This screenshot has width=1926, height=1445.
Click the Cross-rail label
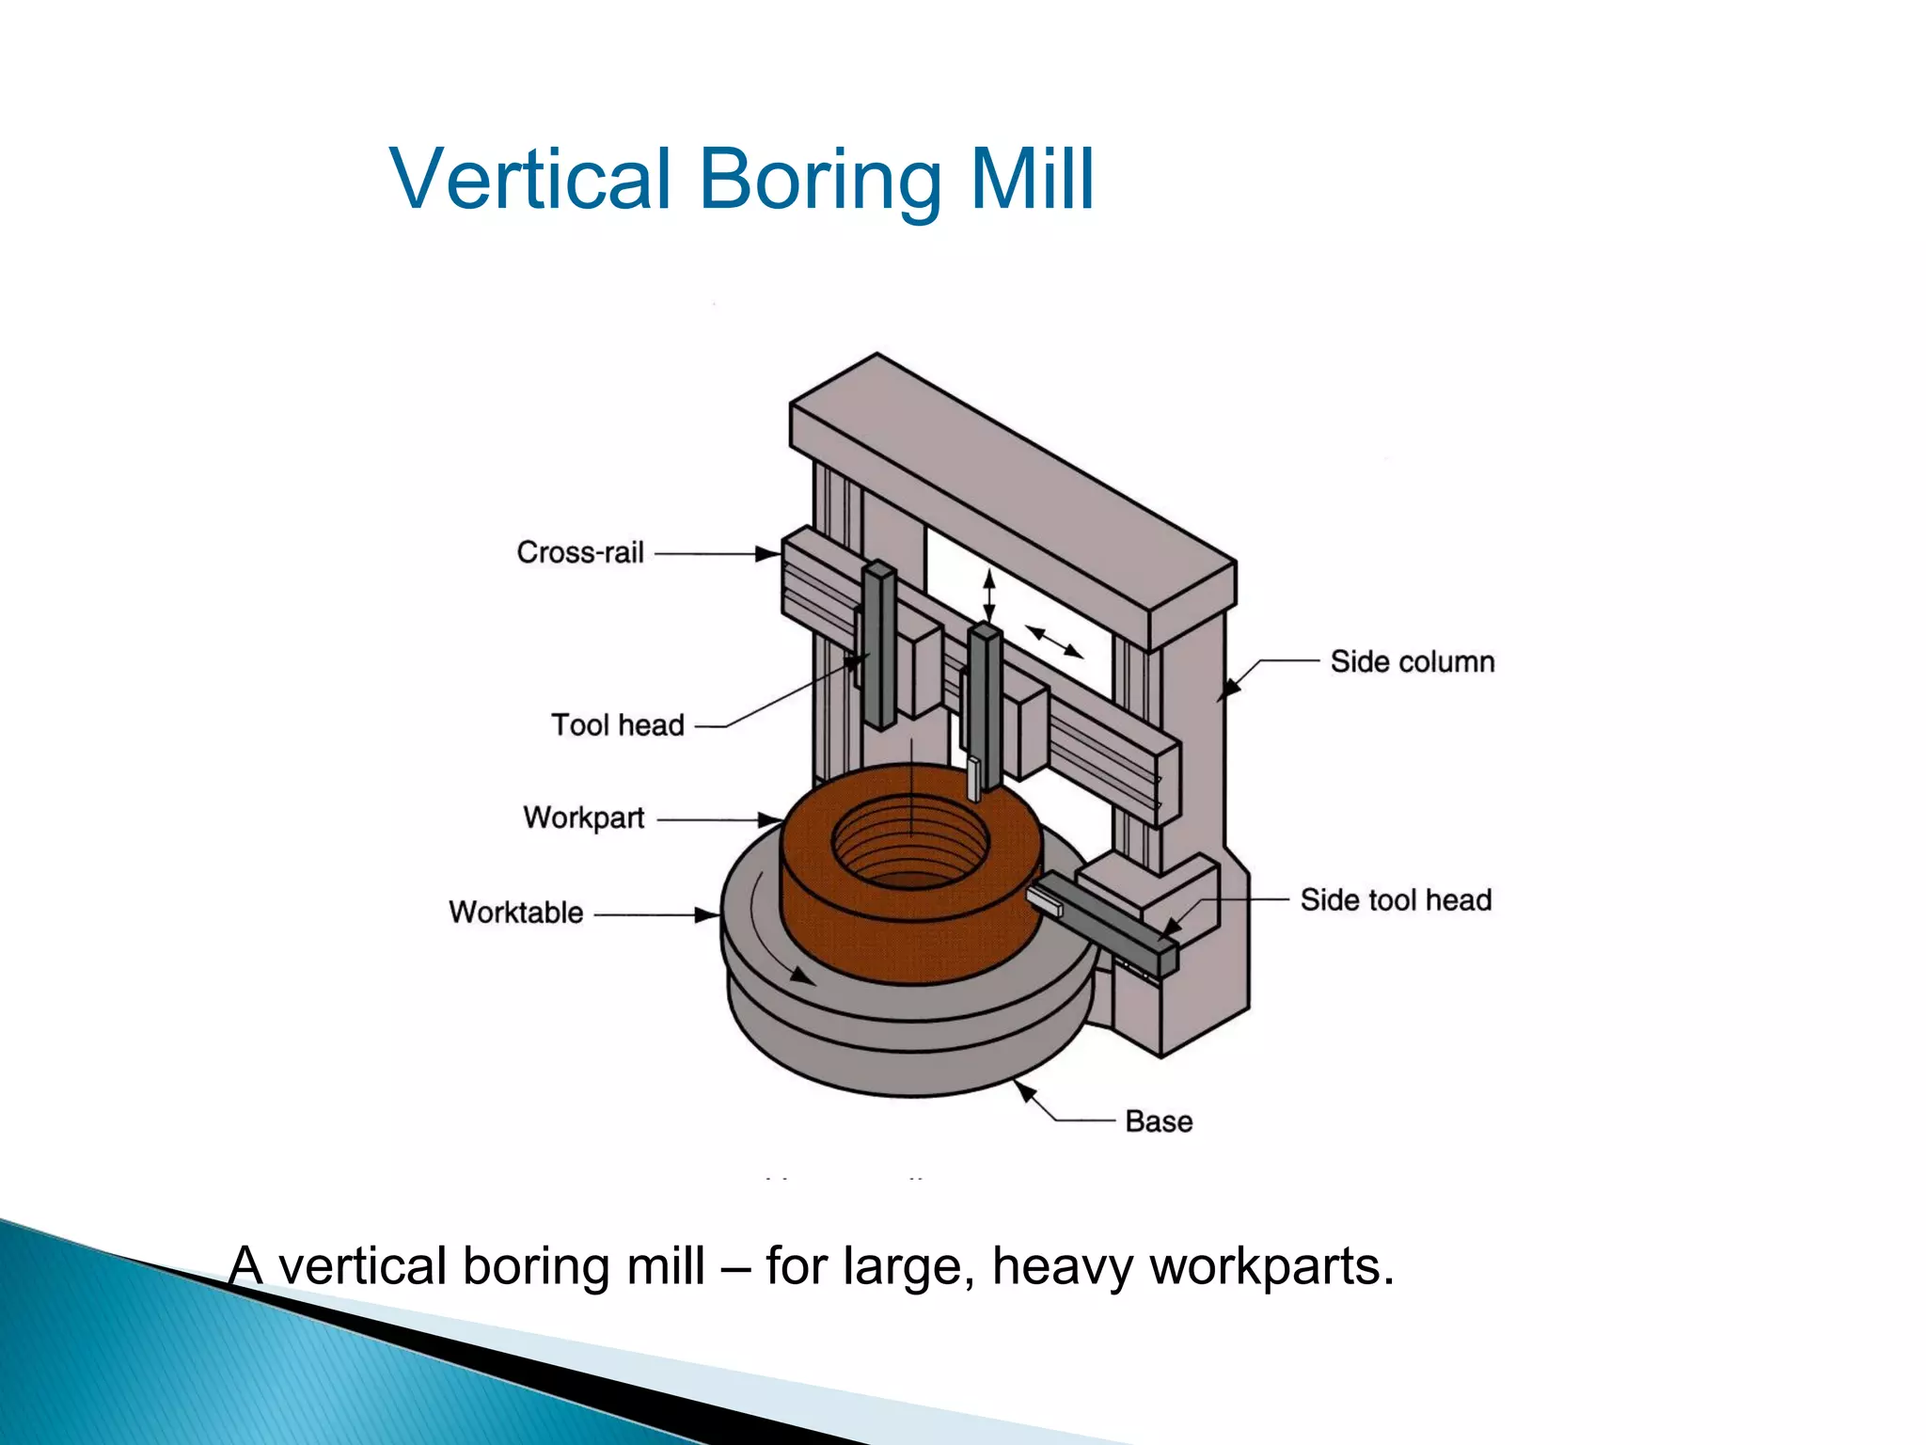click(x=580, y=552)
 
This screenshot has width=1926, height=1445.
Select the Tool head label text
click(x=618, y=725)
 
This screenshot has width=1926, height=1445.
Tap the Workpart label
click(x=584, y=818)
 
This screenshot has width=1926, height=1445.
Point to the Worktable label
click(x=516, y=913)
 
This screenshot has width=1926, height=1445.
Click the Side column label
click(x=1412, y=661)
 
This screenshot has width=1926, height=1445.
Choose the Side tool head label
click(x=1396, y=900)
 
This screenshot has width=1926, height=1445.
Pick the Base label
click(x=1159, y=1121)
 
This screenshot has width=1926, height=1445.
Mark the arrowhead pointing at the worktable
click(x=707, y=914)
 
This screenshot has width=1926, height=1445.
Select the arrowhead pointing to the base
click(x=1025, y=1091)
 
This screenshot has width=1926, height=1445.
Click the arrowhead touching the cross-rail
click(x=768, y=554)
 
